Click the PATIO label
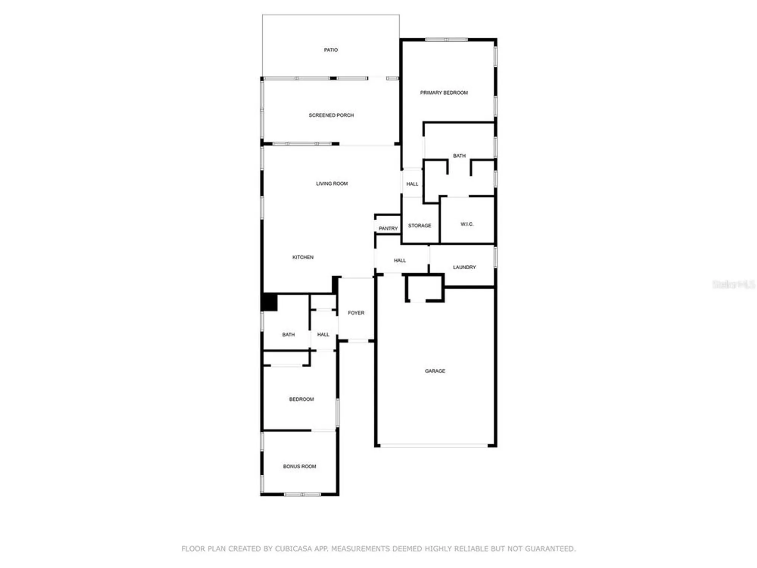tap(331, 50)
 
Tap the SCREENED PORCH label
tap(331, 115)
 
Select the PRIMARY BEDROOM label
tap(444, 93)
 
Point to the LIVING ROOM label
tap(332, 184)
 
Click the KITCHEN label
tap(303, 257)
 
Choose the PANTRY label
tap(388, 228)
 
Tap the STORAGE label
tap(420, 226)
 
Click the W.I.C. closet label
tap(467, 224)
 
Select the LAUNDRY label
tap(464, 267)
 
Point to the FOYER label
tap(356, 313)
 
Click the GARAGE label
tap(435, 371)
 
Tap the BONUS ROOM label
tap(299, 467)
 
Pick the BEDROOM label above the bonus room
tap(301, 399)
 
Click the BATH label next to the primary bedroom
tap(459, 156)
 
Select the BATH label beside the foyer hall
tap(288, 335)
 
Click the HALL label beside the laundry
tap(400, 261)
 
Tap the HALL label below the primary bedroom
tap(412, 184)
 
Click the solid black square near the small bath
tap(269, 302)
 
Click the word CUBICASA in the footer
tap(296, 549)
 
